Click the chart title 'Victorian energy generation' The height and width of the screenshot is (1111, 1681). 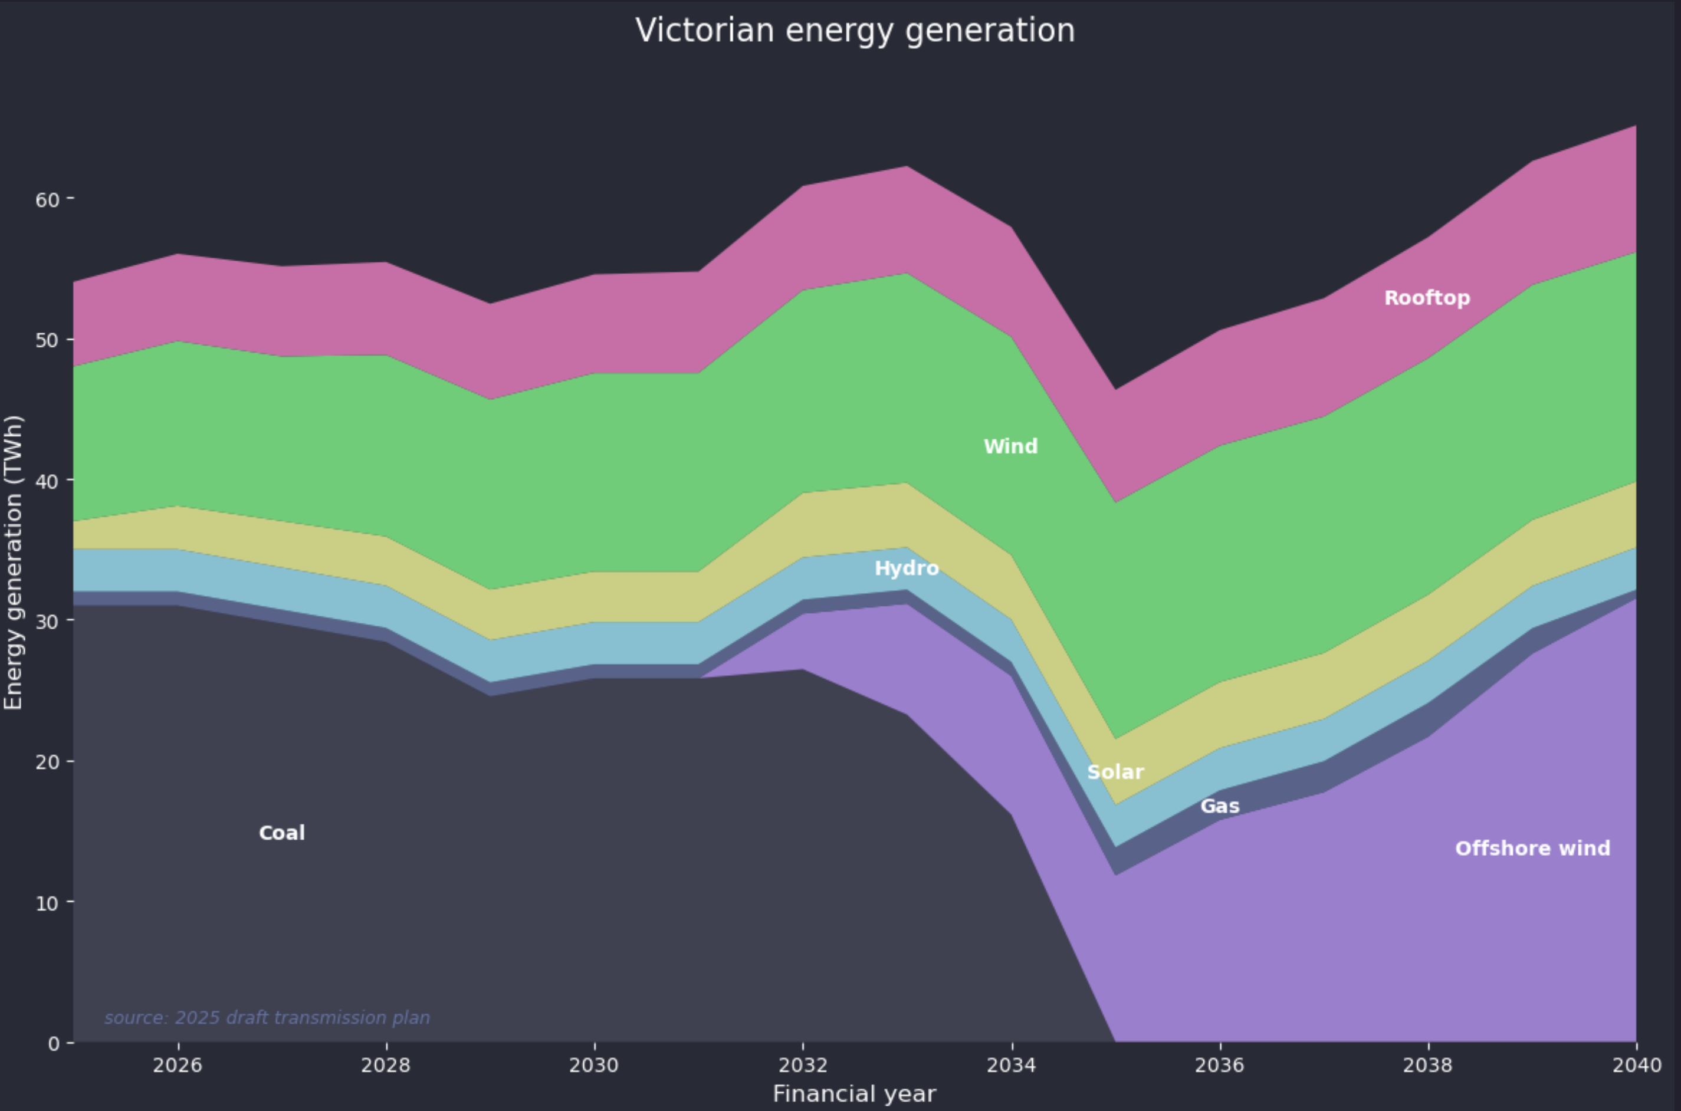855,31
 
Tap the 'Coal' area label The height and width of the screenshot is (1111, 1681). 282,833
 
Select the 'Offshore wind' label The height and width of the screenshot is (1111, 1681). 1532,848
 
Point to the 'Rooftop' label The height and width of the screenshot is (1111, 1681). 1427,298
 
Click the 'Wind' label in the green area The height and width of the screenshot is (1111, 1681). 1010,446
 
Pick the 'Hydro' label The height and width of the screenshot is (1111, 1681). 907,568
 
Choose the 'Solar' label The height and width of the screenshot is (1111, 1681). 1115,771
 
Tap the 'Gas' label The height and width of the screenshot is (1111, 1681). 1220,806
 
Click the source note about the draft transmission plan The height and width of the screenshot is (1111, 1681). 267,1017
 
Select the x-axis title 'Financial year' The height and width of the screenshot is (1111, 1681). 855,1094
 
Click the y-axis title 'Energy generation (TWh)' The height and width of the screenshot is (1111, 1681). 14,562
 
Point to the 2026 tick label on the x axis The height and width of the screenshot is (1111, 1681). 178,1065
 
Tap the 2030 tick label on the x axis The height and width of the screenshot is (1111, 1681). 594,1065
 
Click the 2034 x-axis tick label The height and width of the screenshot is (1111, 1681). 1012,1065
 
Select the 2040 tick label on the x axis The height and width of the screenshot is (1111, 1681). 1636,1065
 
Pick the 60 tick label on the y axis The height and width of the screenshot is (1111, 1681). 47,199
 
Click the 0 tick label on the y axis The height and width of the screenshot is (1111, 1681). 54,1043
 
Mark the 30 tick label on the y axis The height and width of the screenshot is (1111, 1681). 47,621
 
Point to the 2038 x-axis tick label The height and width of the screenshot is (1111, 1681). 1428,1065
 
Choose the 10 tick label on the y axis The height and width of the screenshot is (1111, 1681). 47,903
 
